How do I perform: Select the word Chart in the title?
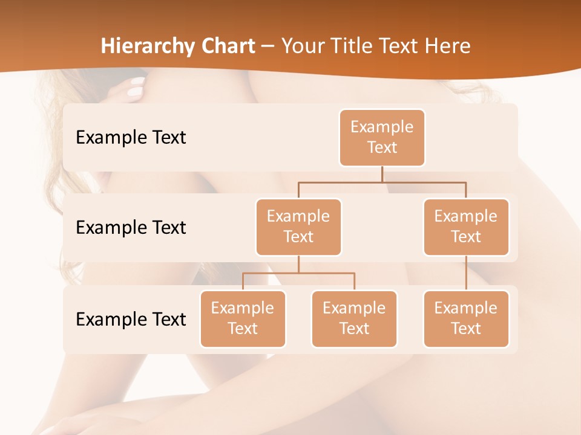pos(225,46)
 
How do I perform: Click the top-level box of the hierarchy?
pos(382,137)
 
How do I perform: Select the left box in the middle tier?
pos(298,227)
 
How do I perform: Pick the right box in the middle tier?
pos(466,227)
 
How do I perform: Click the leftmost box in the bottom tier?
pos(243,318)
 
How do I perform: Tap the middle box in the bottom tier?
pos(354,318)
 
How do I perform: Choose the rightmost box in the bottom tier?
pos(466,318)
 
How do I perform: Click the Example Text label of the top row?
pos(131,137)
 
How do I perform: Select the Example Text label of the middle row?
pos(131,227)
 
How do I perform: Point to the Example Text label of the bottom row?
pos(131,319)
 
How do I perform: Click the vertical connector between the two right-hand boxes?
pos(466,273)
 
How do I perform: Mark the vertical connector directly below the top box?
pos(382,174)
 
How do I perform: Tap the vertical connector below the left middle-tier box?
pos(298,264)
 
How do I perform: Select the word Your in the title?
pos(301,46)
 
